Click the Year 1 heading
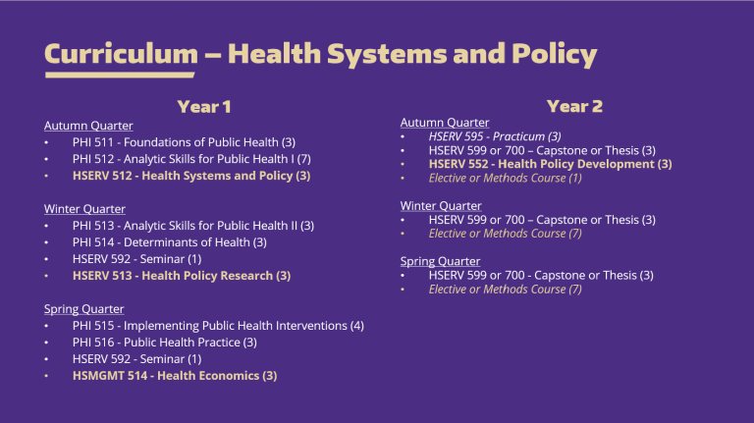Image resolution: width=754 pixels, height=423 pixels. [204, 106]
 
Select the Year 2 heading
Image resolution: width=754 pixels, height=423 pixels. [574, 106]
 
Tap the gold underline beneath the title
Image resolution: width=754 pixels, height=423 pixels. [119, 75]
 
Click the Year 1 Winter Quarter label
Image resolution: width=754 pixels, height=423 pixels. [84, 209]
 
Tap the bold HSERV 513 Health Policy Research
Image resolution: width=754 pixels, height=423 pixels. [182, 276]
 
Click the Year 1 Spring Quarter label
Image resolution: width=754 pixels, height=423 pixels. [83, 309]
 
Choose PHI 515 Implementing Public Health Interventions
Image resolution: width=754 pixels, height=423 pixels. [218, 326]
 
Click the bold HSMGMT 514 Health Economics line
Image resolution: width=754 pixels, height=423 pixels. [175, 376]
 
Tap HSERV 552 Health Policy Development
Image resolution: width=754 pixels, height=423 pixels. [550, 164]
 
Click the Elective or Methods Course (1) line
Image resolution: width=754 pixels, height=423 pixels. [505, 178]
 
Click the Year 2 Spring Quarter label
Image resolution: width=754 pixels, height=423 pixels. [440, 262]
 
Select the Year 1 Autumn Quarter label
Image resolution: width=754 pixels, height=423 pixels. [88, 126]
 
